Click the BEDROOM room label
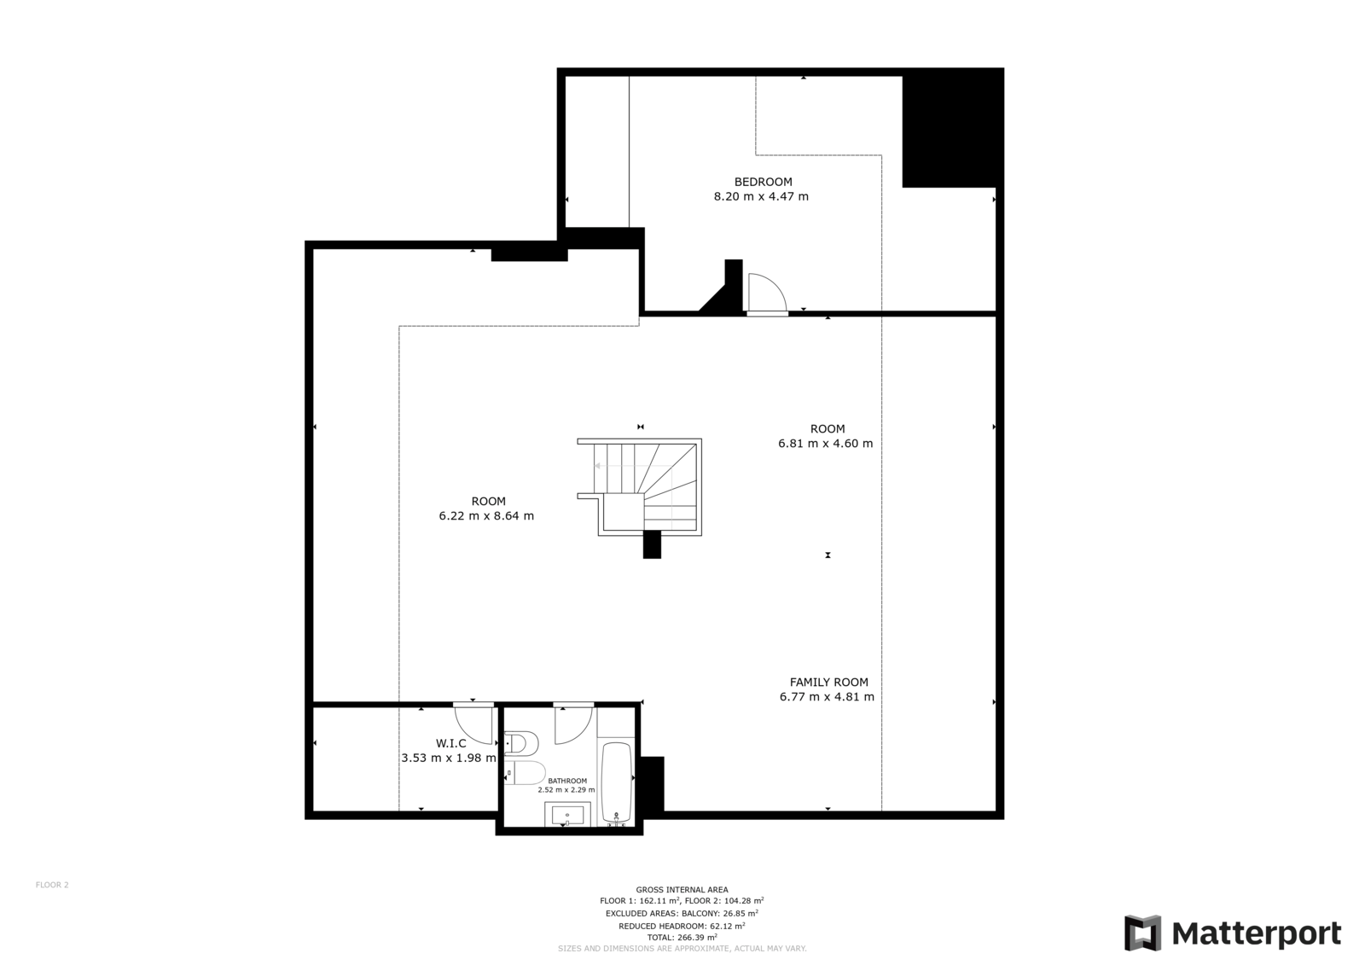pos(763,182)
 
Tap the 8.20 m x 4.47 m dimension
pos(761,196)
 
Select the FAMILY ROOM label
pos(828,682)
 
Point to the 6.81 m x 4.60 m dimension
pos(825,443)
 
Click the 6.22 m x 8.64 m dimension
pos(486,515)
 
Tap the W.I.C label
pos(451,743)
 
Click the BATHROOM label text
pos(567,781)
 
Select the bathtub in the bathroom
pos(618,782)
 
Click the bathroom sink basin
pos(567,815)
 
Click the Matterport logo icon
pos(1142,933)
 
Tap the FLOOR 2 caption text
pos(52,885)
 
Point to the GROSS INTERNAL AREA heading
pos(682,889)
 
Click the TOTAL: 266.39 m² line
pos(682,937)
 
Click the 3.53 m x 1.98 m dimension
pos(449,758)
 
